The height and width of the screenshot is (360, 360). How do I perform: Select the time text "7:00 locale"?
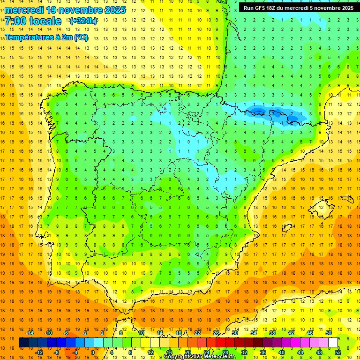tap(33, 21)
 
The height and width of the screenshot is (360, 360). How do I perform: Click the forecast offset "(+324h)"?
tap(83, 21)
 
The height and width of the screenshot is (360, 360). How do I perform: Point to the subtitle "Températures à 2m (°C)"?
tap(46, 37)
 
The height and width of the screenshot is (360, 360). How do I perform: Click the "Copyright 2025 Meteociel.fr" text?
tap(199, 357)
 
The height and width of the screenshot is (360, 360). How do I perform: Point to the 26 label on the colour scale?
tap(216, 333)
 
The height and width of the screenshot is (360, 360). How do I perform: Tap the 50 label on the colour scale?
tap(328, 333)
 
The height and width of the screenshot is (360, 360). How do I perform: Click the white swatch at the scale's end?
tap(333, 343)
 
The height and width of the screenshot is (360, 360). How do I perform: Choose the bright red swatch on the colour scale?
tap(220, 343)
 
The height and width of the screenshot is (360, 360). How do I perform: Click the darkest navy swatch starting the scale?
tap(23, 343)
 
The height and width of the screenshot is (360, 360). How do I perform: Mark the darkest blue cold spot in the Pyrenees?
tap(257, 111)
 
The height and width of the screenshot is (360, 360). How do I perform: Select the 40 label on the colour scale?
tap(282, 352)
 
